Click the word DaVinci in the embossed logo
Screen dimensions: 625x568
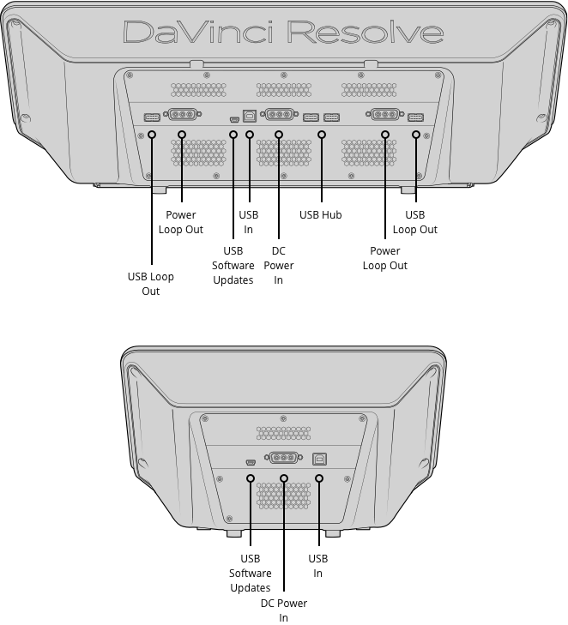click(199, 33)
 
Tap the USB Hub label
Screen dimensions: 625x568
click(321, 215)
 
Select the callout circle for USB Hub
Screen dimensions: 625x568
click(322, 135)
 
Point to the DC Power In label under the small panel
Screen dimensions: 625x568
click(283, 610)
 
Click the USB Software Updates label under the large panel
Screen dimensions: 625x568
click(233, 266)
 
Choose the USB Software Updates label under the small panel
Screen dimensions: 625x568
click(251, 573)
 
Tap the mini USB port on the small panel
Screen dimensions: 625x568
click(251, 460)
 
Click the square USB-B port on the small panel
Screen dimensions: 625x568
click(319, 458)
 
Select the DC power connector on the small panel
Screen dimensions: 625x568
click(284, 458)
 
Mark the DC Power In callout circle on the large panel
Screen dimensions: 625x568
click(279, 135)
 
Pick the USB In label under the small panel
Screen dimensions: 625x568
click(318, 566)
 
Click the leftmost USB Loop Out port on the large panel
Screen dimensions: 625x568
click(151, 116)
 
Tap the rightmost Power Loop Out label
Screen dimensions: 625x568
click(384, 258)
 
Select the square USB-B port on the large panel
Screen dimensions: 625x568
click(250, 114)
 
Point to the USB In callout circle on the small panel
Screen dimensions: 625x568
click(318, 478)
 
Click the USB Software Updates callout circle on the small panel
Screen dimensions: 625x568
click(251, 478)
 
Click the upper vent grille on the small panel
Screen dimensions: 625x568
click(283, 432)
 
